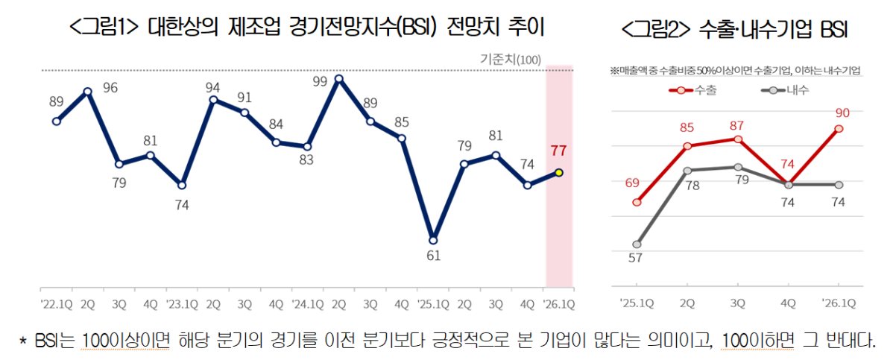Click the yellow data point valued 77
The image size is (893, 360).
tap(559, 173)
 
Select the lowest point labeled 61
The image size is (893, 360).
tap(433, 239)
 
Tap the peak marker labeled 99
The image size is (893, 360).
tap(339, 78)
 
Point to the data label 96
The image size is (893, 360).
tap(110, 87)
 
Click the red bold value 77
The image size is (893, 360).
tap(559, 151)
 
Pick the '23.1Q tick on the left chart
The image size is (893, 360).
tap(182, 303)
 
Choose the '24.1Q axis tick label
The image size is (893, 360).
tap(307, 303)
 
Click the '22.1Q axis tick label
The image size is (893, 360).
tap(57, 303)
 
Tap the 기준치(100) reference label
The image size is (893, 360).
tap(511, 60)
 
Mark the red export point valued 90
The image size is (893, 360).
tap(839, 129)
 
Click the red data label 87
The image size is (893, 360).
tap(738, 125)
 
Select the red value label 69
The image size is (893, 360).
tap(631, 183)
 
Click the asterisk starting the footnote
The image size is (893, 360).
tap(22, 341)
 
